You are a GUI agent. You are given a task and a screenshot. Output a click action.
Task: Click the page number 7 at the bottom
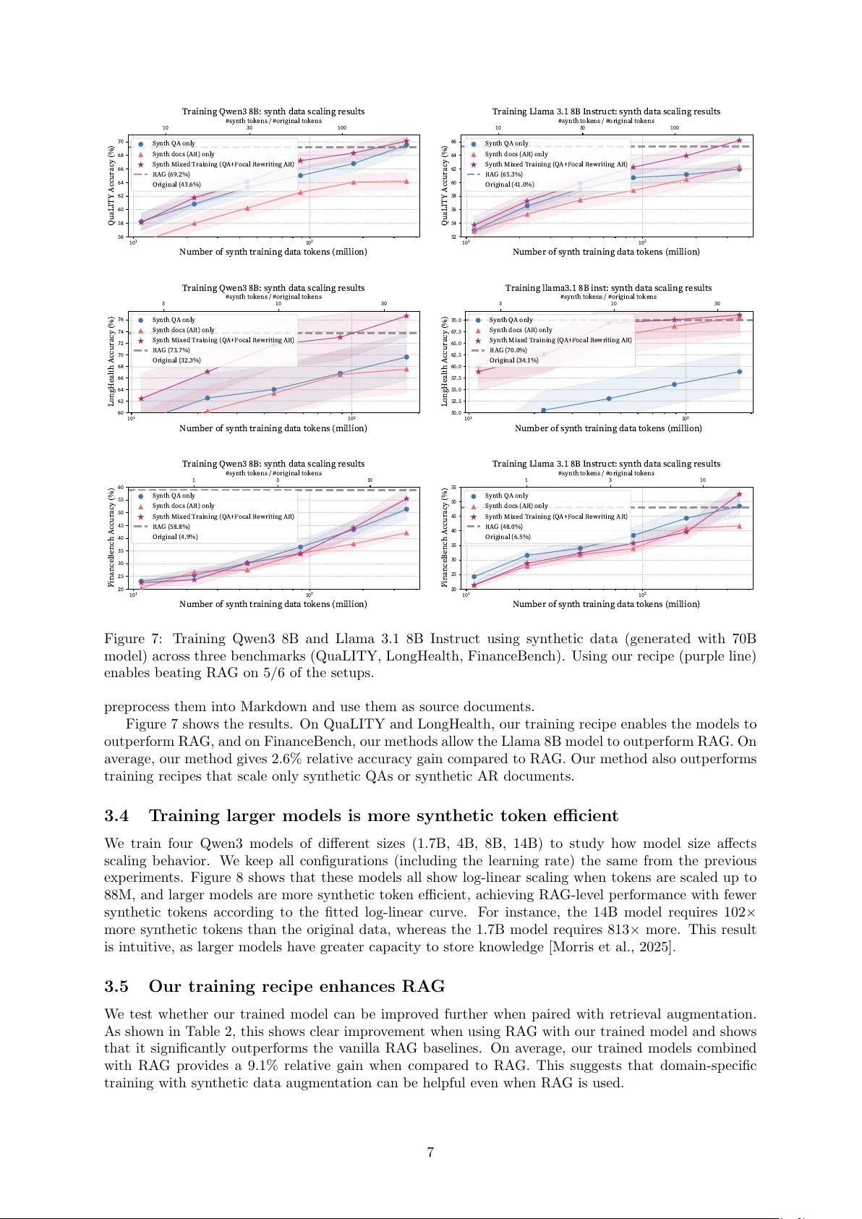coord(430,1152)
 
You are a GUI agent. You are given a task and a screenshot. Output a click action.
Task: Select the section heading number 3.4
coord(116,816)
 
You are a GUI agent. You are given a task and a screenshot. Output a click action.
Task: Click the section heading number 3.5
coord(116,987)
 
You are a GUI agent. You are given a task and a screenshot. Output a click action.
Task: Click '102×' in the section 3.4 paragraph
coord(740,912)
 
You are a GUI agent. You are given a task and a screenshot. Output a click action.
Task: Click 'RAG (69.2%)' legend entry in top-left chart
coord(171,174)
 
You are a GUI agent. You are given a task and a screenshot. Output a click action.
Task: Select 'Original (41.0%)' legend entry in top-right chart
coord(509,184)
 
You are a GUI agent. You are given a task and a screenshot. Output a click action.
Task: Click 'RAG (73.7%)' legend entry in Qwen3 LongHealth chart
coord(171,350)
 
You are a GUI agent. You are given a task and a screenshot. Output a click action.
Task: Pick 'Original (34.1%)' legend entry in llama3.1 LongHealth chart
coord(513,360)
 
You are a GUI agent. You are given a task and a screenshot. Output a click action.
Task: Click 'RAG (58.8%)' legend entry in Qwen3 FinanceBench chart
coord(171,527)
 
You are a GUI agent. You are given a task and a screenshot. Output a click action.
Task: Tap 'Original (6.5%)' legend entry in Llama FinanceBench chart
coord(507,537)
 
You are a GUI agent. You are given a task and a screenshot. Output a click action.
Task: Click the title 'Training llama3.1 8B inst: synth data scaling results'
coord(608,288)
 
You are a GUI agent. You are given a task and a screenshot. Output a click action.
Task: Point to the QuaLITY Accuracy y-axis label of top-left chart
coord(111,185)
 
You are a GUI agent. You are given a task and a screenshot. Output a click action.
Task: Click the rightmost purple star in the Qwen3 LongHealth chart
coord(406,316)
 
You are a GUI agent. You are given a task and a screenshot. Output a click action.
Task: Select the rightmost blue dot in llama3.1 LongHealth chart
coord(739,372)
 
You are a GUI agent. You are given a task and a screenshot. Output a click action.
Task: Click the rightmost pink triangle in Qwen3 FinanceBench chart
coord(406,533)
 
